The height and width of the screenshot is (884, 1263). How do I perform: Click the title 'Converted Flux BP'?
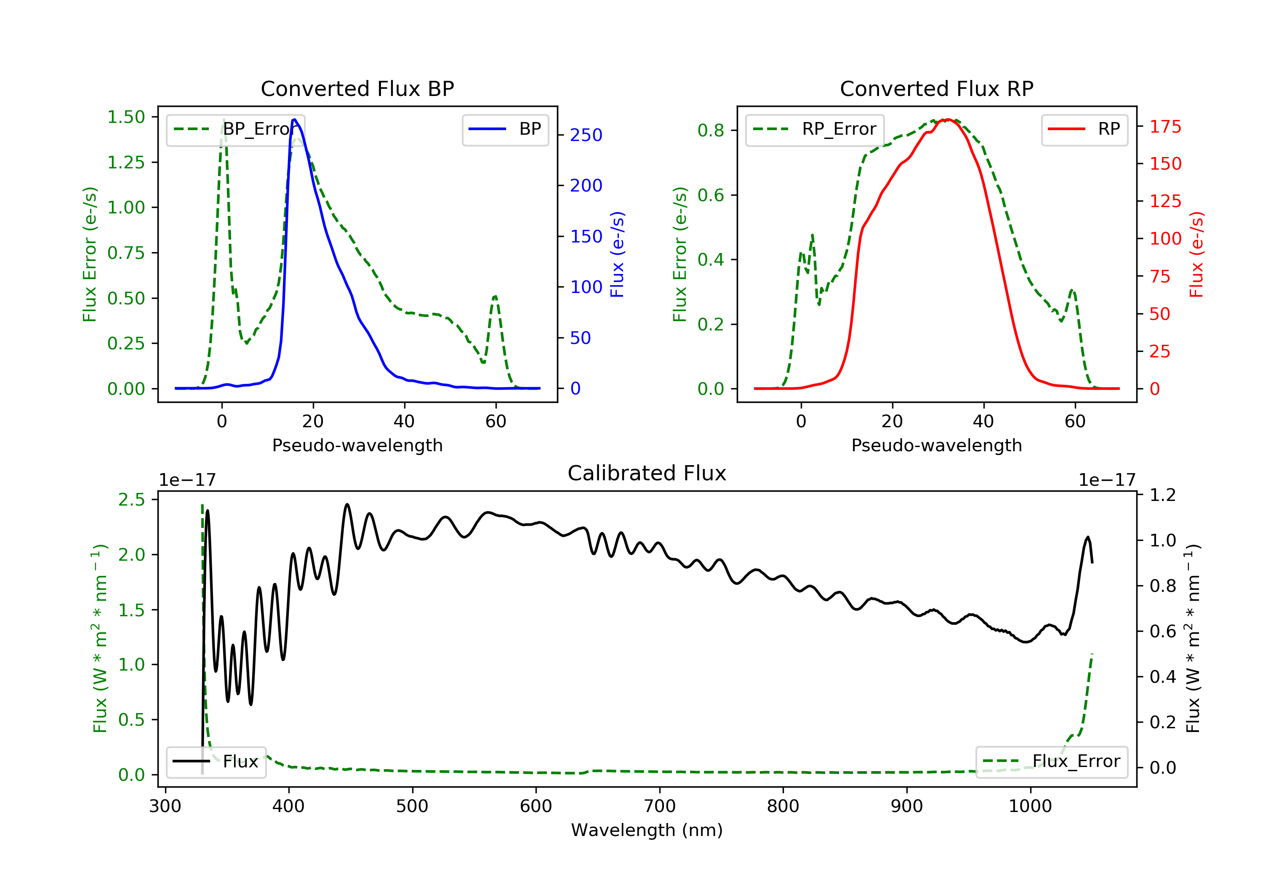[357, 88]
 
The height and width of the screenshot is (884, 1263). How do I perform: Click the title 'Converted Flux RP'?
[937, 88]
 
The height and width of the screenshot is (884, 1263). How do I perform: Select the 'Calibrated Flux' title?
[647, 473]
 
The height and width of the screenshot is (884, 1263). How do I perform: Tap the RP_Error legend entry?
[815, 129]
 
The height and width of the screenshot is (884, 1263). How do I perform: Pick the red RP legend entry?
[1084, 129]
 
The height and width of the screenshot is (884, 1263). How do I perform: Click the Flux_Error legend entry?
[1051, 762]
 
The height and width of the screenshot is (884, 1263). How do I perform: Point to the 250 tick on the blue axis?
[586, 135]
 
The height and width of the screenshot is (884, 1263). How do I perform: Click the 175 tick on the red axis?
[1165, 127]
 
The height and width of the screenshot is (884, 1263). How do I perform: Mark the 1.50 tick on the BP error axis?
[126, 117]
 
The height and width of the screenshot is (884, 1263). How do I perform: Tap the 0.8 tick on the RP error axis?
[711, 130]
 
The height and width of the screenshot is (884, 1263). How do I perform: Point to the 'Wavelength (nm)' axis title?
[647, 830]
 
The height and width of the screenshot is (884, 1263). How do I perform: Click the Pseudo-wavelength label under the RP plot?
[937, 445]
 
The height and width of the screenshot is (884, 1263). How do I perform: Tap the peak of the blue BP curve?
[295, 120]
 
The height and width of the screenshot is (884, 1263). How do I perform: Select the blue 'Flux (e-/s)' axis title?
[618, 255]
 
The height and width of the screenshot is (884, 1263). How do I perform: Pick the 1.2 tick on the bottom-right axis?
[1162, 495]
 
